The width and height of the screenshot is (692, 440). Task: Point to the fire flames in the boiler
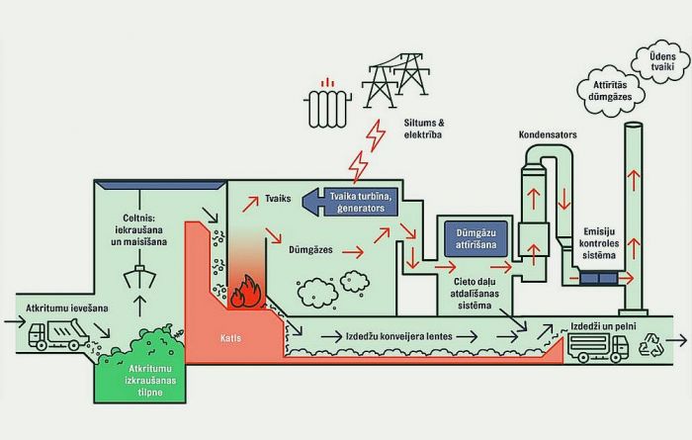240,291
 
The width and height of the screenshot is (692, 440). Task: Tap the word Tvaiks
278,199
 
